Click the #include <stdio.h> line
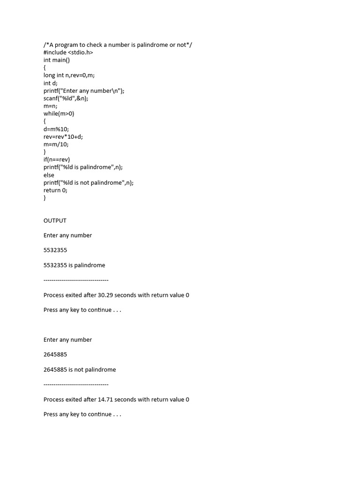pos(68,52)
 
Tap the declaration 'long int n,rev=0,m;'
pos(69,75)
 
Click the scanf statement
pos(66,98)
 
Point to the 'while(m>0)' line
pos(59,114)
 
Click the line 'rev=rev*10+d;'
pos(63,137)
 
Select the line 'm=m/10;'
pos(56,144)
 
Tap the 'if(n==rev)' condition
pos(57,160)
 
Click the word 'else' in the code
pos(49,175)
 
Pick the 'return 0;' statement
pos(55,190)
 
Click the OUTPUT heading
pos(55,220)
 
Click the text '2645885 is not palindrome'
pos(80,369)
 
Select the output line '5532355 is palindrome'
pos(75,265)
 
